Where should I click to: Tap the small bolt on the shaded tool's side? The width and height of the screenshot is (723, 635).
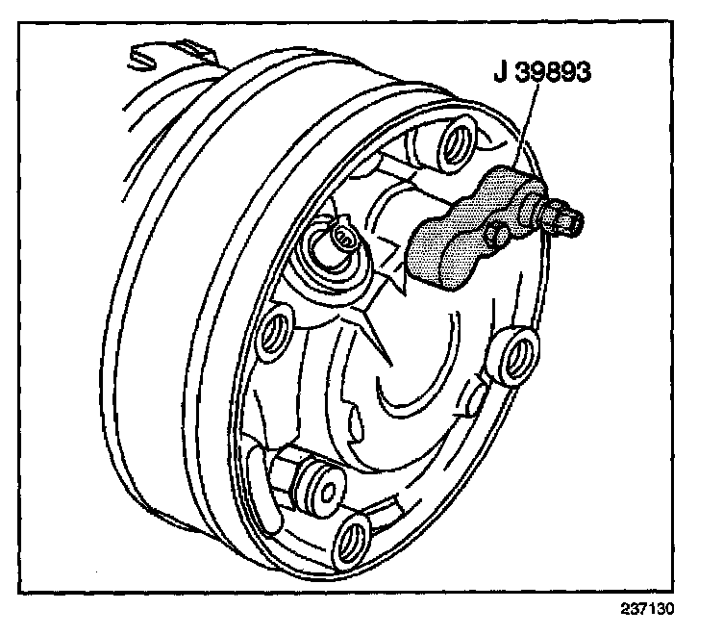[x=497, y=234]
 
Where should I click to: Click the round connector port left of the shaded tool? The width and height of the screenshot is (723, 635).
[x=339, y=235]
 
